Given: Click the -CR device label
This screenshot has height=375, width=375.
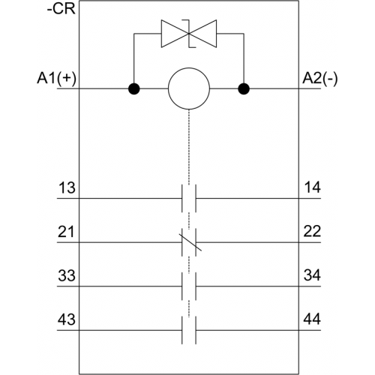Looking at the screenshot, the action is (x=61, y=9).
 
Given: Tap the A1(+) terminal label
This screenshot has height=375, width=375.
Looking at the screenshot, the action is (x=56, y=79).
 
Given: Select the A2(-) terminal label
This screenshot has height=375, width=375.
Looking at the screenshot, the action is (x=320, y=79).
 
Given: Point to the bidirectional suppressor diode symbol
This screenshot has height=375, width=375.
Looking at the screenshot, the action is (x=189, y=34).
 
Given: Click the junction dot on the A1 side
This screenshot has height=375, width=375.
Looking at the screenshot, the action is (x=134, y=88).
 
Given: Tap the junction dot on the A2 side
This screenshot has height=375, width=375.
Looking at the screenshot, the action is (x=244, y=88).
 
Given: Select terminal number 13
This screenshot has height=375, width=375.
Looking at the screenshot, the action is (x=67, y=187).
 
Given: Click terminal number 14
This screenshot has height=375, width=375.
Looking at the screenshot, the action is (x=312, y=187).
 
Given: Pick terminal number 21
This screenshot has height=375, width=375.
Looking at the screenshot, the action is (x=66, y=232).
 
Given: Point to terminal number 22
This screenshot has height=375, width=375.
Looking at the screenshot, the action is (x=312, y=231).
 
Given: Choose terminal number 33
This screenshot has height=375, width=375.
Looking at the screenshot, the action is (x=67, y=275).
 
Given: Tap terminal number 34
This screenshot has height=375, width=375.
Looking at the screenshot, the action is (x=312, y=275).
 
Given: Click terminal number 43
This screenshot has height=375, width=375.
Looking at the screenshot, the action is (x=67, y=319).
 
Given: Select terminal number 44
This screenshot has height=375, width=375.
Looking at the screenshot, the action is (x=312, y=319).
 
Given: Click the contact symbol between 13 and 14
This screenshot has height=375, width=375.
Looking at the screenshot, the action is (x=189, y=199).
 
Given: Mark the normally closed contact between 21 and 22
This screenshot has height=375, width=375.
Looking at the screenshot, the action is (x=189, y=242).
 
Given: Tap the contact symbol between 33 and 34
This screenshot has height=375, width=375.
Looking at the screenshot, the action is (x=189, y=286).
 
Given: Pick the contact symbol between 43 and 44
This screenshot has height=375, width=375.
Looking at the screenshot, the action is (x=189, y=330).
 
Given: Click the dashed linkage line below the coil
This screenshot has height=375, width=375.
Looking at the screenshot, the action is (x=189, y=147).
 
